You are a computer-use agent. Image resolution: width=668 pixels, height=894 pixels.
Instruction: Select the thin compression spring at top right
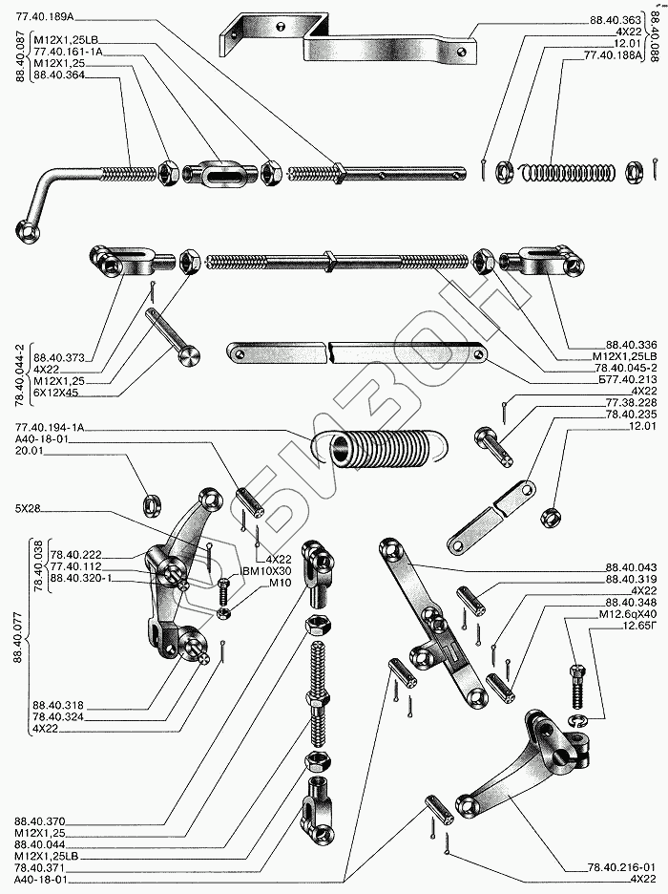(565, 172)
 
